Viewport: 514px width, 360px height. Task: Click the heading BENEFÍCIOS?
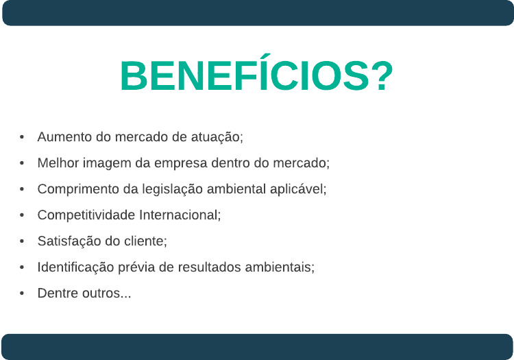pyautogui.click(x=257, y=73)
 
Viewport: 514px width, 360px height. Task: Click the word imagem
pyautogui.click(x=107, y=164)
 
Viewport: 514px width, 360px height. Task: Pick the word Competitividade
pyautogui.click(x=86, y=215)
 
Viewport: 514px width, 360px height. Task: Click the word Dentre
pyautogui.click(x=58, y=293)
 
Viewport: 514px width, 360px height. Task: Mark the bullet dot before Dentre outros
pyautogui.click(x=22, y=293)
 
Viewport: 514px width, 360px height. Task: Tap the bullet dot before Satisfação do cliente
pyautogui.click(x=22, y=241)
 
